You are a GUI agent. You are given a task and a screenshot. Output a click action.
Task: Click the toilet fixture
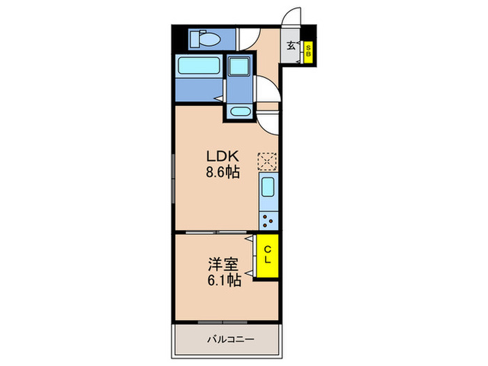206,38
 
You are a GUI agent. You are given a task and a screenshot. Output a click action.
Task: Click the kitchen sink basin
268,186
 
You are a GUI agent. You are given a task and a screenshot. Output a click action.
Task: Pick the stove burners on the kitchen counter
268,220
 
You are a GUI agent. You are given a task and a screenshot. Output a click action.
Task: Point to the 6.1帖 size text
224,281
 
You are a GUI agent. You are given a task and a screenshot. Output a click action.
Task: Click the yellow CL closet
267,255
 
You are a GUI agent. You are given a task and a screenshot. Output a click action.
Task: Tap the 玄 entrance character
291,47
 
